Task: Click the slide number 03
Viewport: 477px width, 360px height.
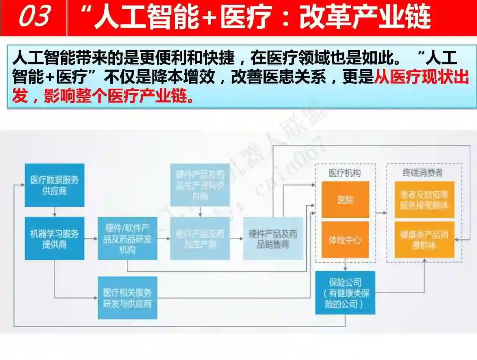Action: pyautogui.click(x=34, y=17)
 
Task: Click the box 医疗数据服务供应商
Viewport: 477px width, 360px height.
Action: pyautogui.click(x=54, y=185)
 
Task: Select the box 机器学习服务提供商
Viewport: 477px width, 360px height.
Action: pyautogui.click(x=54, y=239)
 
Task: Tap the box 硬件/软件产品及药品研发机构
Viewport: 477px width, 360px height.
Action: pyautogui.click(x=127, y=239)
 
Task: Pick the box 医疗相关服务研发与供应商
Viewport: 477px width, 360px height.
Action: pyautogui.click(x=127, y=298)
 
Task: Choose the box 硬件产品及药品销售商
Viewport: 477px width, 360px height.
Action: pyautogui.click(x=273, y=239)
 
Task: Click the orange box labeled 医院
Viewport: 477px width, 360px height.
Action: pyautogui.click(x=345, y=200)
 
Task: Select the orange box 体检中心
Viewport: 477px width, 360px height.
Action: pyautogui.click(x=345, y=240)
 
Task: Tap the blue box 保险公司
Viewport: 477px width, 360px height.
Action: pyautogui.click(x=345, y=293)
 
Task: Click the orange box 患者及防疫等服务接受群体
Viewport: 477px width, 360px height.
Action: pyautogui.click(x=424, y=200)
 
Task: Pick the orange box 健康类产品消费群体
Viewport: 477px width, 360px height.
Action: pyautogui.click(x=424, y=240)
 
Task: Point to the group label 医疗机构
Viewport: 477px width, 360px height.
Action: pyautogui.click(x=345, y=173)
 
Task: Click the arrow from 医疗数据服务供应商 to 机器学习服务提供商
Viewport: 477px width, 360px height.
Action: pyautogui.click(x=55, y=212)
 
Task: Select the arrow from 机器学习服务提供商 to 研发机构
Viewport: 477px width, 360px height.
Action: pyautogui.click(x=91, y=239)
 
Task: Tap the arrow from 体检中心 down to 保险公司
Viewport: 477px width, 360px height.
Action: pyautogui.click(x=345, y=265)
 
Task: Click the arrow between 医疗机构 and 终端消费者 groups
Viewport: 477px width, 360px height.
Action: pyautogui.click(x=381, y=213)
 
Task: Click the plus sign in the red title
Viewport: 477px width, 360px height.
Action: pyautogui.click(x=210, y=18)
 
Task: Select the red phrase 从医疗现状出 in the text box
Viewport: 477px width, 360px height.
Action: pyautogui.click(x=421, y=77)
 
